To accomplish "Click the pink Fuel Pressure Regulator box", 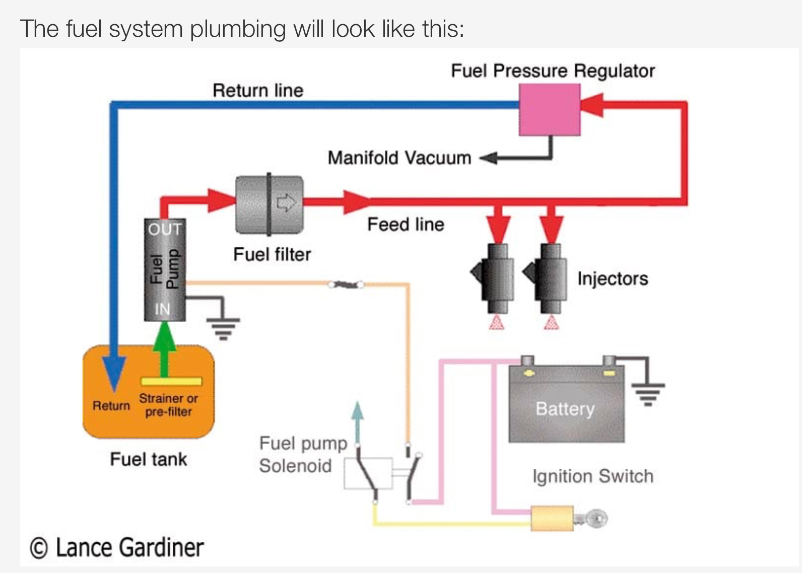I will pos(550,109).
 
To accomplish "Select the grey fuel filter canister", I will pos(270,204).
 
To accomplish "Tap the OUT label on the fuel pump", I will pos(165,229).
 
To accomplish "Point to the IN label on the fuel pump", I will pos(163,309).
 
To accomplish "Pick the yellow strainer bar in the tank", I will pos(171,381).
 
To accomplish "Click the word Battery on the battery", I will pos(565,408).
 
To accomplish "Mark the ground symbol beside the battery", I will pos(648,393).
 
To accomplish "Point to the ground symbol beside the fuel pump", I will pos(224,327).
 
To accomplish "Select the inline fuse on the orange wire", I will pos(346,285).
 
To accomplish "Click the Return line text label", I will pos(258,91).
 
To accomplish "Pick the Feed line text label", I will pos(406,225).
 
